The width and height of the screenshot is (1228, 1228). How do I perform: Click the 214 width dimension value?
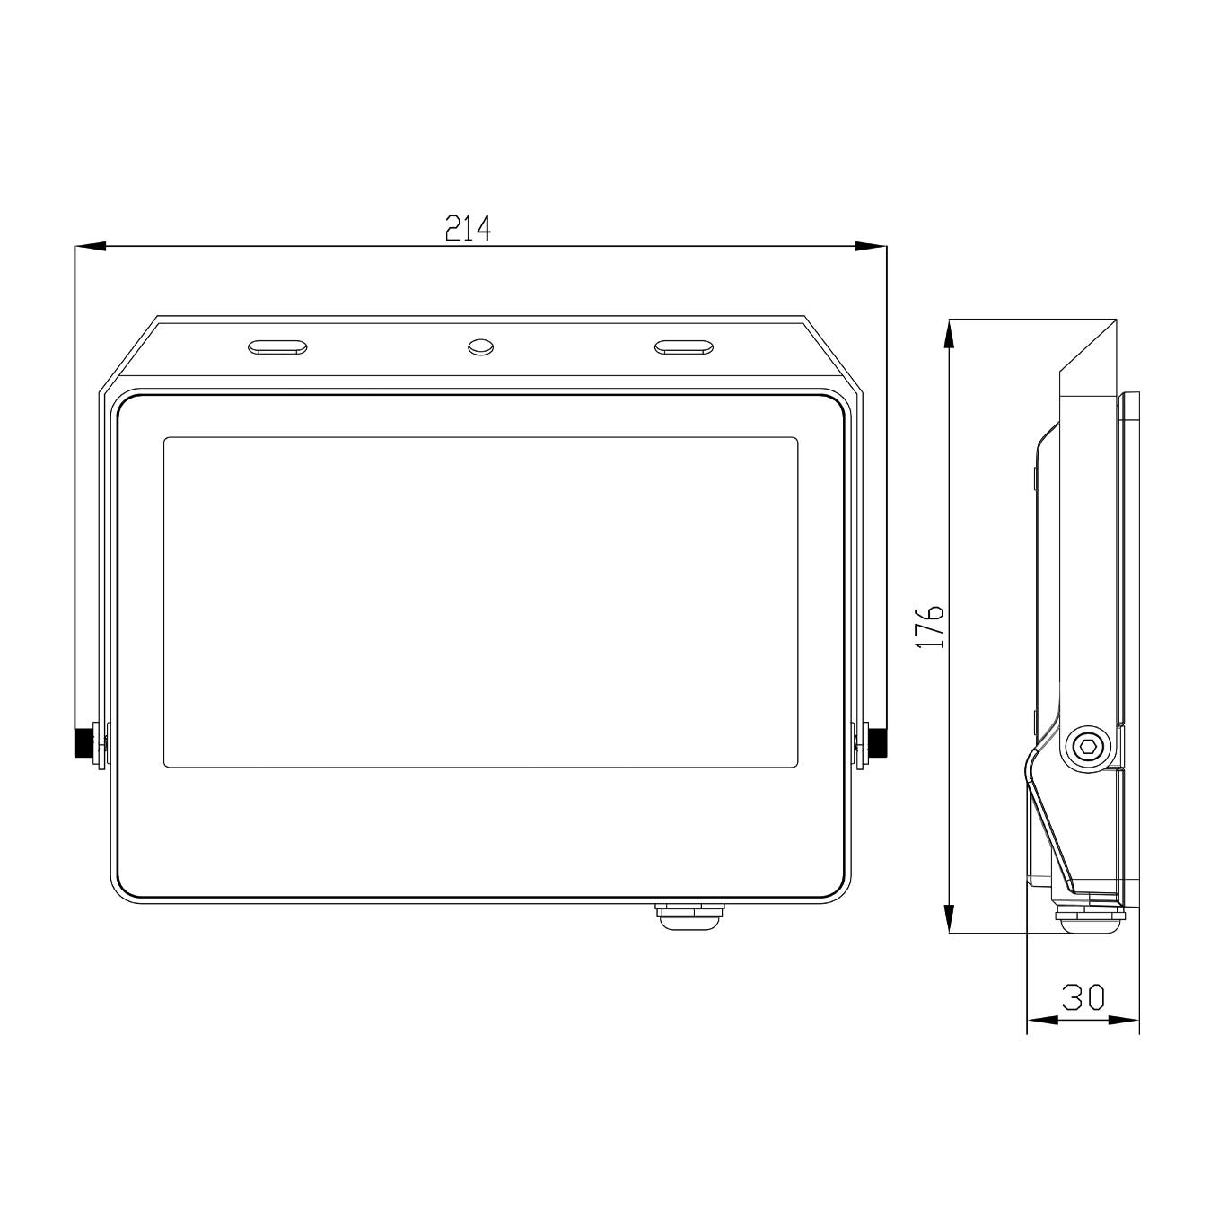[468, 228]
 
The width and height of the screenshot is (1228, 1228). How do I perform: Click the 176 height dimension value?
[930, 626]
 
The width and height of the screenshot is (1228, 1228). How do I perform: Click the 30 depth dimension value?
[1083, 996]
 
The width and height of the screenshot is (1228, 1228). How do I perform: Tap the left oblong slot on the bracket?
[277, 346]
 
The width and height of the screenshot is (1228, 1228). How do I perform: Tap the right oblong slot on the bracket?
[683, 346]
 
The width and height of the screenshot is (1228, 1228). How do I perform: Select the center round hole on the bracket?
[480, 346]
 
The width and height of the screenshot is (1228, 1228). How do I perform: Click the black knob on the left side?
[84, 742]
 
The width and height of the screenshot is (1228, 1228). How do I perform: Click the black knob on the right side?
[876, 742]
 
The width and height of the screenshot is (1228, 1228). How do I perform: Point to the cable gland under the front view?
[689, 917]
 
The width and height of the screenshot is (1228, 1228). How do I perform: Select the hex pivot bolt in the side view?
[1087, 745]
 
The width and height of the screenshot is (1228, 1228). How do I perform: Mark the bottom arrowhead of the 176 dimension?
[949, 917]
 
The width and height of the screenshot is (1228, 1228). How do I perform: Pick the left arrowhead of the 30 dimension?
[1042, 1020]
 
